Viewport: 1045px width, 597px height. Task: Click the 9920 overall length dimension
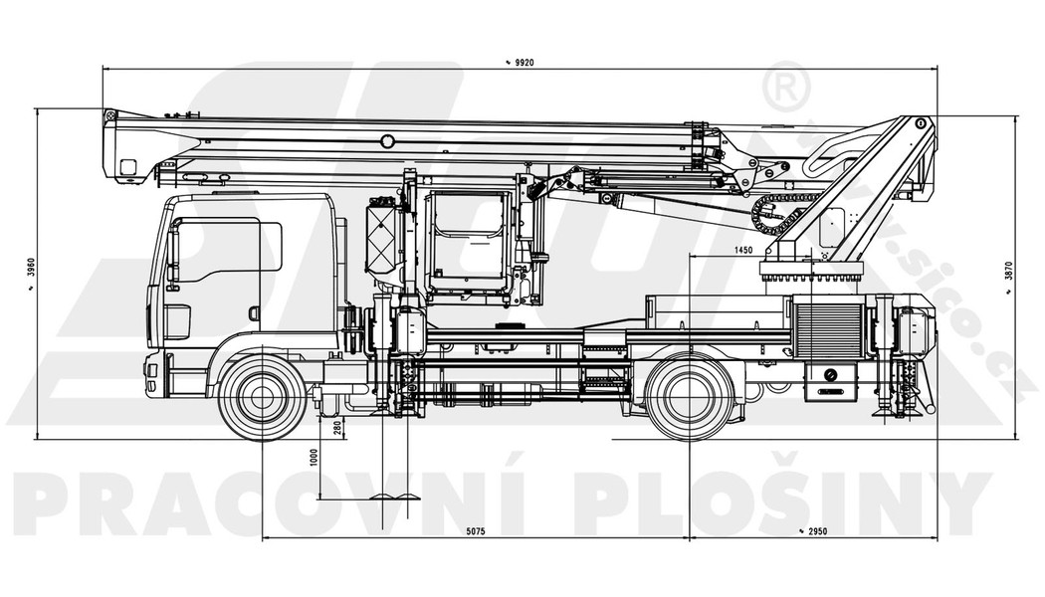(521, 63)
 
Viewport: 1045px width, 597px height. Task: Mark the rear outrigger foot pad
(884, 409)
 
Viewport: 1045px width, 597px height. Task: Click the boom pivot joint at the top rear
(920, 124)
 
